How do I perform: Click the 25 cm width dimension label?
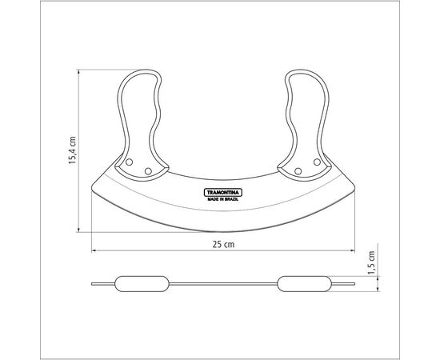223,244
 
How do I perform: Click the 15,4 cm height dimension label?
73,150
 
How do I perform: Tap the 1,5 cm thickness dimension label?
371,262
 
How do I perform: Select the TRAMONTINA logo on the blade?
223,193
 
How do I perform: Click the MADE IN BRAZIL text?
223,199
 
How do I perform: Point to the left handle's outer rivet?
129,162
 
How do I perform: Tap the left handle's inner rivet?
148,171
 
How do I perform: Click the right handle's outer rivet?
317,162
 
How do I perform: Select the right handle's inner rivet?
298,171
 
